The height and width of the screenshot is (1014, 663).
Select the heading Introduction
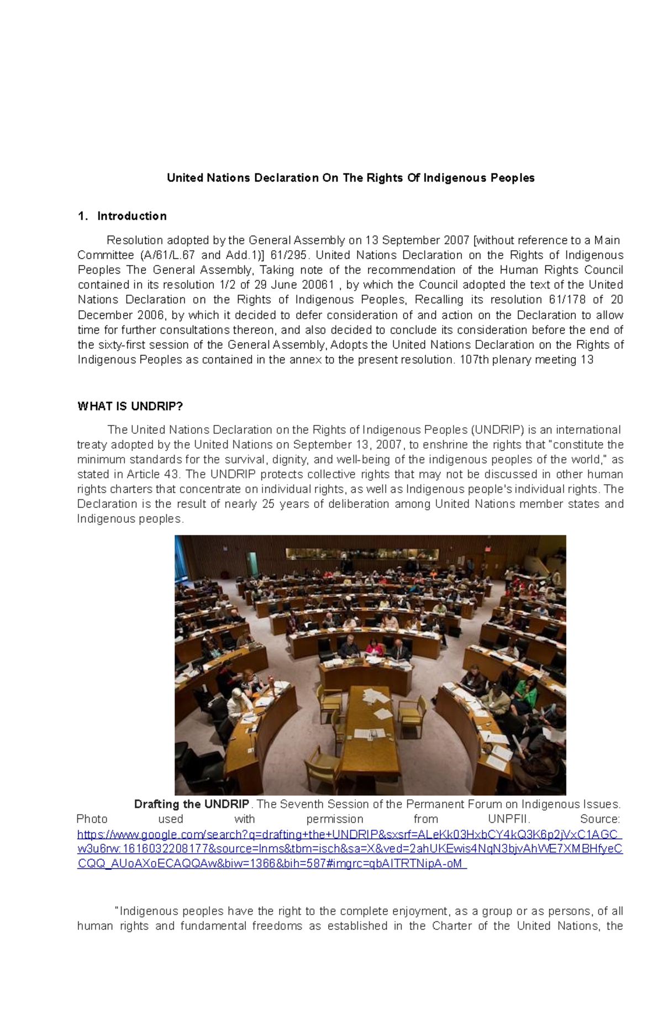click(x=131, y=216)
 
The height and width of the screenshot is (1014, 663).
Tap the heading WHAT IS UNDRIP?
click(x=130, y=407)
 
